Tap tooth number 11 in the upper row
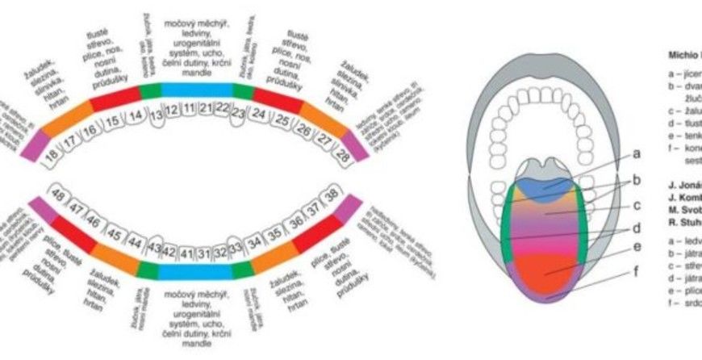188,107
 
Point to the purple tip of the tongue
545,295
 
